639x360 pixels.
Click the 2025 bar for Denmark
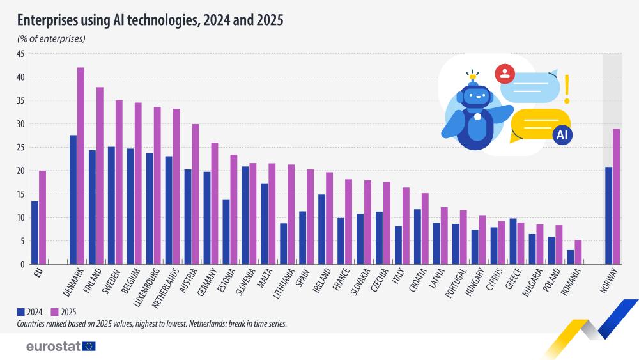point(81,166)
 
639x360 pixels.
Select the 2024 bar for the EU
point(35,233)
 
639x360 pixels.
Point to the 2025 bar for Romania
point(578,252)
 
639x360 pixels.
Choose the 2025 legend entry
point(61,312)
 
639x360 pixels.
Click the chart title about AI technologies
point(150,20)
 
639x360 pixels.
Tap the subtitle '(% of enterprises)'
point(51,39)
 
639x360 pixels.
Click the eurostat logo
point(61,346)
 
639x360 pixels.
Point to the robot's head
point(475,96)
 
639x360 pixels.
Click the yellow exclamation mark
point(566,88)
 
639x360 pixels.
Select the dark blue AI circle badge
point(562,135)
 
